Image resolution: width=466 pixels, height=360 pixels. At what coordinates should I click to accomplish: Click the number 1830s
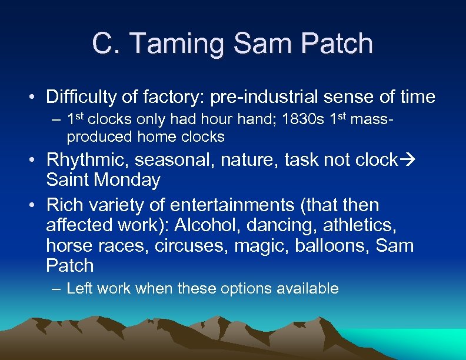pos(299,121)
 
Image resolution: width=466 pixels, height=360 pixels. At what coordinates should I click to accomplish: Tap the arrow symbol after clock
pos(407,161)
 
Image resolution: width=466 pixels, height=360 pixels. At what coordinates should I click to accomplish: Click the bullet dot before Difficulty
pos(35,97)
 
